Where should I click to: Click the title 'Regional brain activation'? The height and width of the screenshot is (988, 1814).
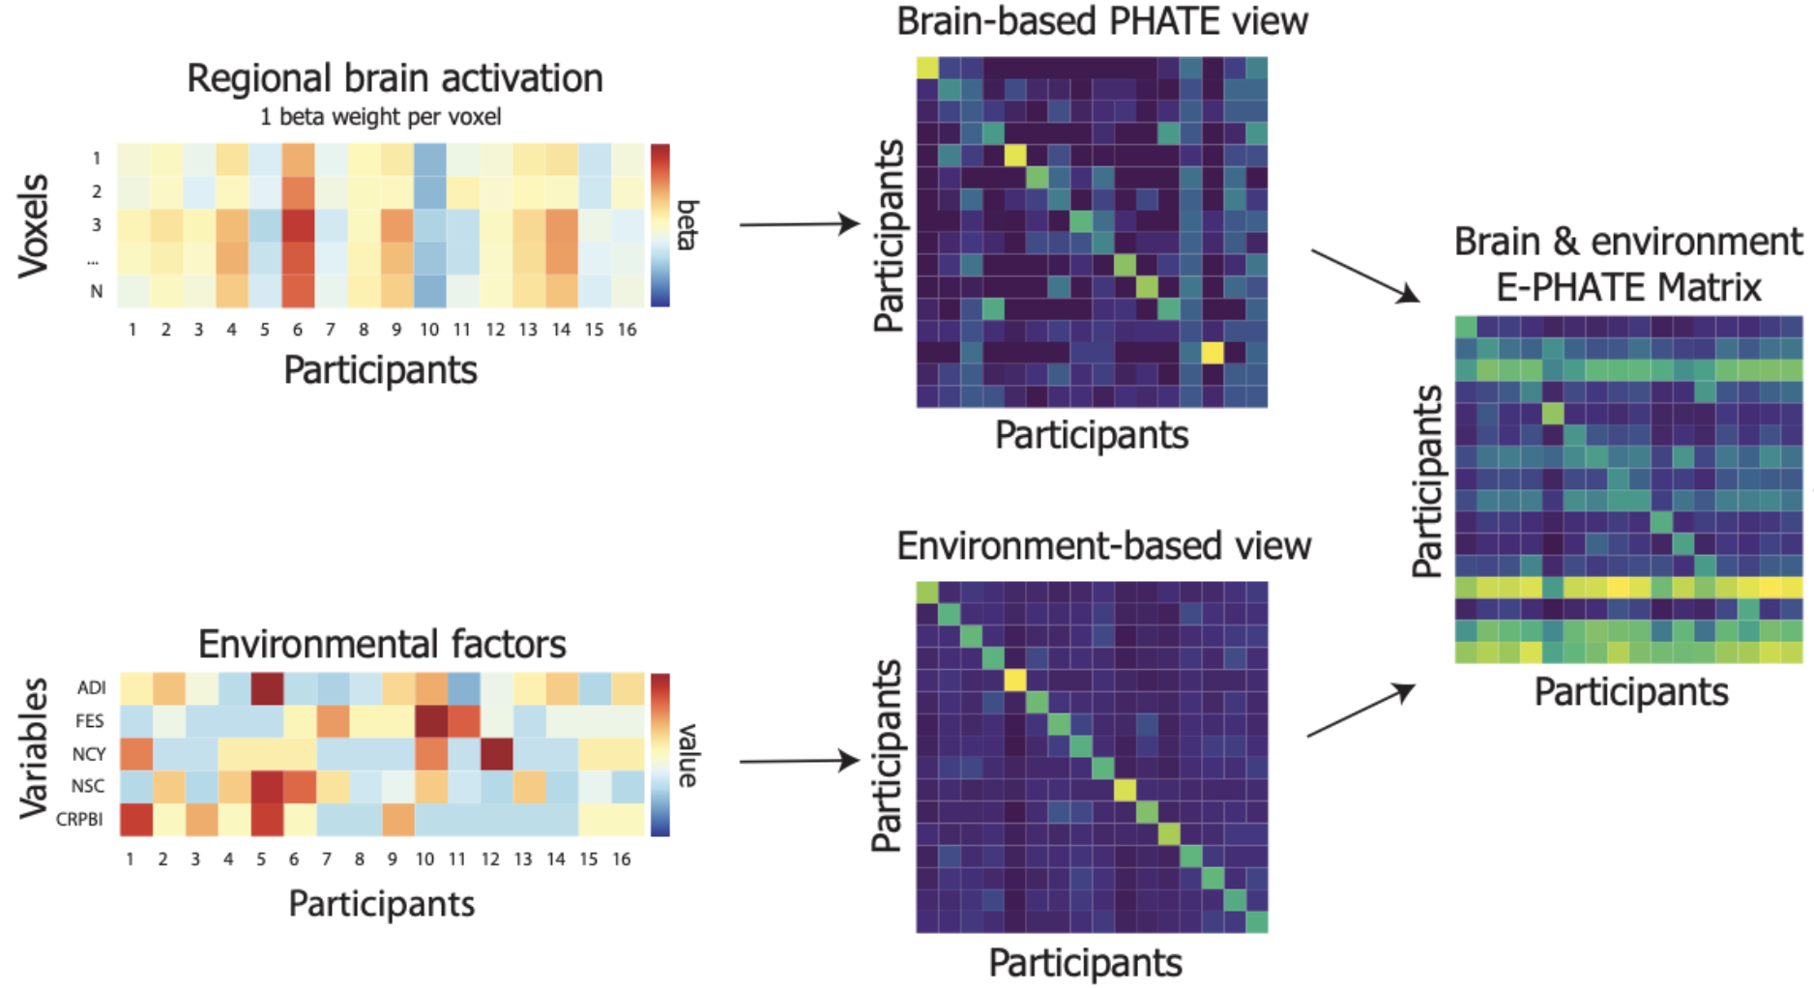pyautogui.click(x=395, y=78)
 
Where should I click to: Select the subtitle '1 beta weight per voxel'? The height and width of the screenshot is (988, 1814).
pyautogui.click(x=380, y=117)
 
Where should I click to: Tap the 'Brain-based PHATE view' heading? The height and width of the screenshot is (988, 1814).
pyautogui.click(x=1101, y=21)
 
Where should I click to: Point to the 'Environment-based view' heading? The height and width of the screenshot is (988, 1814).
pyautogui.click(x=1103, y=546)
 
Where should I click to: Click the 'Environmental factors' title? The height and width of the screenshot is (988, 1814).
pyautogui.click(x=382, y=644)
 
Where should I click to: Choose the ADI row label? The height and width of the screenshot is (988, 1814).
pyautogui.click(x=91, y=687)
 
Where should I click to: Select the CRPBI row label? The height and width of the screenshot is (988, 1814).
pyautogui.click(x=79, y=819)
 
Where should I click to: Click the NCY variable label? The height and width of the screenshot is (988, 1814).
pyautogui.click(x=88, y=754)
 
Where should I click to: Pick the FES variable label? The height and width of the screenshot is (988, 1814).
pyautogui.click(x=89, y=721)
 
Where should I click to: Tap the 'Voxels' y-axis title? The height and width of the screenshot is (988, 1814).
pyautogui.click(x=34, y=226)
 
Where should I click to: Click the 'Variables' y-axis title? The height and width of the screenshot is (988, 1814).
pyautogui.click(x=34, y=748)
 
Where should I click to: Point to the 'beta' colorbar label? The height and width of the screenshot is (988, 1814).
pyautogui.click(x=688, y=225)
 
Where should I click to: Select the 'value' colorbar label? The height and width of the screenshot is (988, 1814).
pyautogui.click(x=688, y=755)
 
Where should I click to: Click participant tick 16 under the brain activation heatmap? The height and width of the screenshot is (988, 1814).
pyautogui.click(x=627, y=330)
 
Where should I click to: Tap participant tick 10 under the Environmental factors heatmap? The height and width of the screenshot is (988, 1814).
pyautogui.click(x=424, y=858)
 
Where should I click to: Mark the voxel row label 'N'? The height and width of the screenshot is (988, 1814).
pyautogui.click(x=96, y=291)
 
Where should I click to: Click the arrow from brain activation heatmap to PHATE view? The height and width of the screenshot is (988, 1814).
pyautogui.click(x=799, y=224)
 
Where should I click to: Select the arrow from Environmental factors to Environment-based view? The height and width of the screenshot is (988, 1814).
pyautogui.click(x=799, y=762)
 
